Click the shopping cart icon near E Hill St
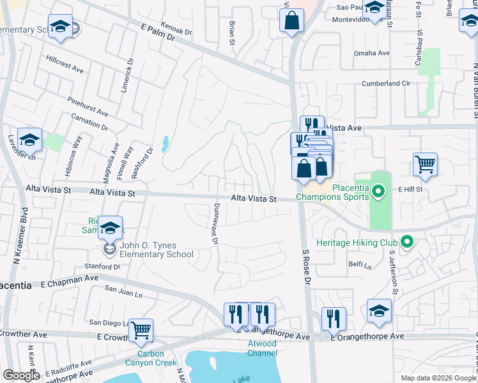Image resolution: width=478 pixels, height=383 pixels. tap(425, 165)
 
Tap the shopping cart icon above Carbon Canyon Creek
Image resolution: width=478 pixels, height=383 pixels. tap(141, 331)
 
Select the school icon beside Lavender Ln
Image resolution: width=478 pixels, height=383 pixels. tap(30, 139)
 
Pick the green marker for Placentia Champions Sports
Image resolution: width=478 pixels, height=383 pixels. tap(378, 191)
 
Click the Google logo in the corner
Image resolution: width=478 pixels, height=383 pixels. tap(21, 375)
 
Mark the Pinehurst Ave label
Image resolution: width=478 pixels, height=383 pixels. tap(88, 106)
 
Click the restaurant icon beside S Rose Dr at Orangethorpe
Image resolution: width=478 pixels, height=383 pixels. tap(334, 319)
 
